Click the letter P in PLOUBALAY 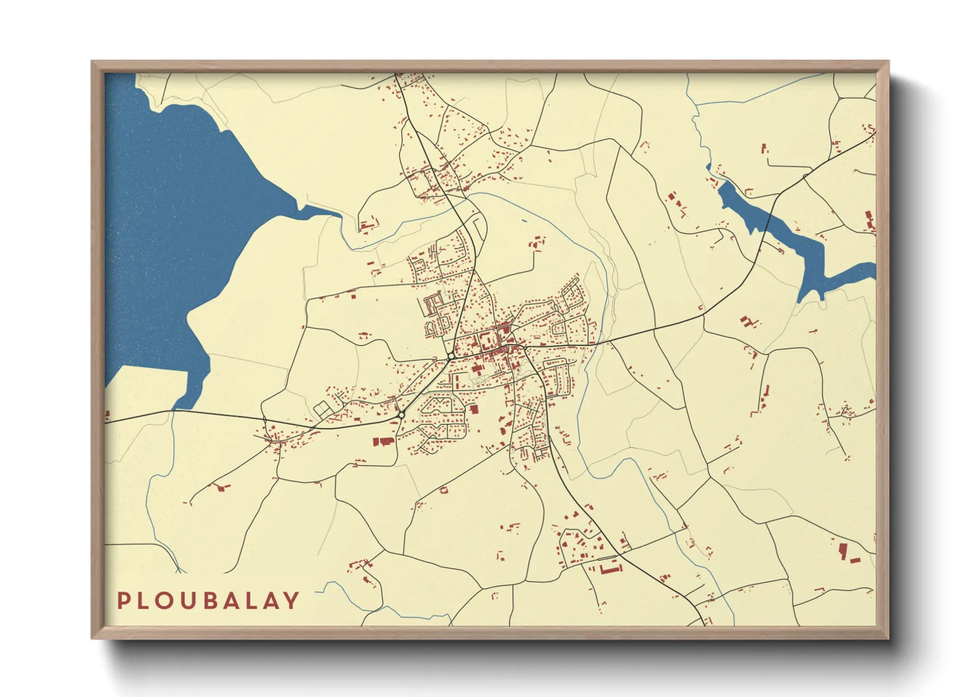(123, 600)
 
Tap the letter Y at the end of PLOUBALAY (291, 600)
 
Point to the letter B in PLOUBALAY (208, 600)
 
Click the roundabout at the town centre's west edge (451, 356)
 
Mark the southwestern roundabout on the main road (401, 414)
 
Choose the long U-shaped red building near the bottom (610, 567)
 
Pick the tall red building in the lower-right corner (843, 550)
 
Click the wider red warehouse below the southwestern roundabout (382, 441)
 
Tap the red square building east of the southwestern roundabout (474, 410)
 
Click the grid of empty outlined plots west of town (324, 408)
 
